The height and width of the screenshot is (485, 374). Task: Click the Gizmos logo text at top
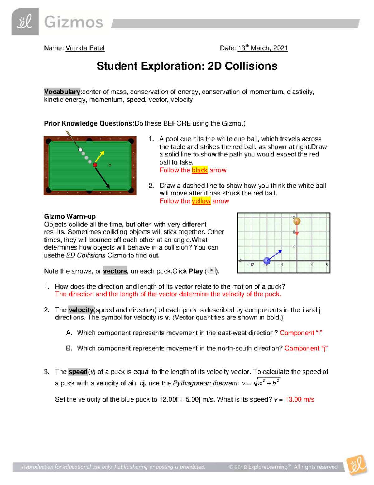tap(74, 22)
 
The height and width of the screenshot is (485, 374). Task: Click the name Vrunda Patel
tap(85, 48)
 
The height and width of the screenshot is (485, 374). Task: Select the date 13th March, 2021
tap(263, 48)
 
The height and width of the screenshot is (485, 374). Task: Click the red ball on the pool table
tap(95, 165)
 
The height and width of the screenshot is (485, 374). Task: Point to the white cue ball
tap(80, 150)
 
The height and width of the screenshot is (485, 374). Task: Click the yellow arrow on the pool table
tap(100, 156)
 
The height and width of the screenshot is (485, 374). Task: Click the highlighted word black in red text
tap(199, 170)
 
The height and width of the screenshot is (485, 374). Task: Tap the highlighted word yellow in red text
tap(201, 201)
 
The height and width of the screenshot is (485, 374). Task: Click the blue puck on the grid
tap(267, 260)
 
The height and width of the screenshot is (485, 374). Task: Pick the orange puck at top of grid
tap(297, 221)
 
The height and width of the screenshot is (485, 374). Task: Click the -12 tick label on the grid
tap(251, 265)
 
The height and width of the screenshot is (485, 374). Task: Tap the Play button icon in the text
tap(212, 270)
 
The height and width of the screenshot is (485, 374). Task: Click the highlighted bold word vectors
tap(115, 271)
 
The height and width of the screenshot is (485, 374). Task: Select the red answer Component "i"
tap(301, 333)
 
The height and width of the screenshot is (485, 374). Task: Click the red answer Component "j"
tap(306, 348)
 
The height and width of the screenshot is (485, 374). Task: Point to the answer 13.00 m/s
tap(300, 399)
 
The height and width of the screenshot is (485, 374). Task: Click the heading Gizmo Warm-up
tap(70, 216)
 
